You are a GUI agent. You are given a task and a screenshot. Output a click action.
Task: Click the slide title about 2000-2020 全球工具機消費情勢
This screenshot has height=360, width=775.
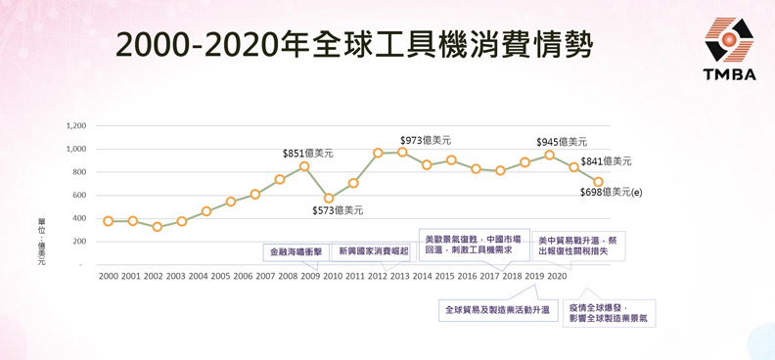tap(353, 44)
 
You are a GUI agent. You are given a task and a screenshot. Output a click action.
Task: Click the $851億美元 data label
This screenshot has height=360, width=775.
tap(307, 154)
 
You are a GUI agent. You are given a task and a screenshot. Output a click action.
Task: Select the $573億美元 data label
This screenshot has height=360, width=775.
tap(337, 210)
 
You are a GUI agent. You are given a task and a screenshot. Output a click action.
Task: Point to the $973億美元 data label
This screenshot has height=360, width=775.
tap(426, 141)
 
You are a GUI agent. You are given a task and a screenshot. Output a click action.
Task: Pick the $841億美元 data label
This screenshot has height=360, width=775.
tap(606, 161)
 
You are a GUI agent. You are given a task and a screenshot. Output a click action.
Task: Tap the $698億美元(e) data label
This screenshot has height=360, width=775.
tap(611, 192)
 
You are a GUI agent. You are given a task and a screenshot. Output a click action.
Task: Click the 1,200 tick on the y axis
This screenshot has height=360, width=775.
tap(76, 126)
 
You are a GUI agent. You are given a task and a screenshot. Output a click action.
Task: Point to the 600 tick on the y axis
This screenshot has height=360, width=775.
tap(79, 196)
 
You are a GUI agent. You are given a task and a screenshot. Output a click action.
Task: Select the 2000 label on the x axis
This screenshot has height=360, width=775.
tap(108, 277)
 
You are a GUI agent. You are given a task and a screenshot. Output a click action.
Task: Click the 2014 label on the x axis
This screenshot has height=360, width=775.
tap(422, 277)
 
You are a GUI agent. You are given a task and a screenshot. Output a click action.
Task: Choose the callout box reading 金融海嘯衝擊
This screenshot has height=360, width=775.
tap(296, 251)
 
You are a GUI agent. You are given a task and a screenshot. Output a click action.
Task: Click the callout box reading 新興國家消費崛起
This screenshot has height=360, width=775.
tap(374, 251)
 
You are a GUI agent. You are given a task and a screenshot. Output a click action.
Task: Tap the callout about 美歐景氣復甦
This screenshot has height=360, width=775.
tap(472, 245)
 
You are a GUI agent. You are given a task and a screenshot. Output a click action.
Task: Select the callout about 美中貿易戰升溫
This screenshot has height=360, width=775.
tap(578, 245)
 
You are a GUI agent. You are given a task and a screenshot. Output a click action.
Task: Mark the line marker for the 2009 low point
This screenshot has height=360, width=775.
tap(329, 199)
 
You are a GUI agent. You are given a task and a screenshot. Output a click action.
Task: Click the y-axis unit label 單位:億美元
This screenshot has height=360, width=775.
tap(41, 242)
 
